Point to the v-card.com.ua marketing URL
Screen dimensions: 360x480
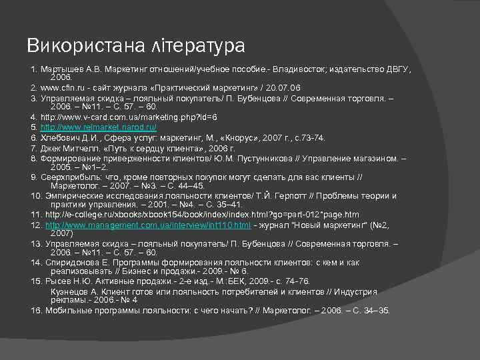point(129,117)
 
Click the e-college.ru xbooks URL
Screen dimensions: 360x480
point(202,215)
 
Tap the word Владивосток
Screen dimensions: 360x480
point(293,69)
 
